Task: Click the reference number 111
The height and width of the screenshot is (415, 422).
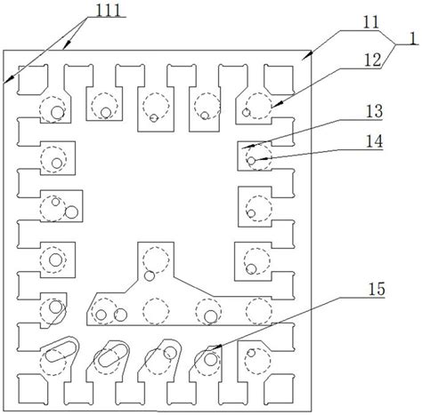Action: [x=109, y=11]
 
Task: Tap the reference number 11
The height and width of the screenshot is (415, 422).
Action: [x=371, y=22]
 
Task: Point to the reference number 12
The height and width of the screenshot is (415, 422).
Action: [x=372, y=60]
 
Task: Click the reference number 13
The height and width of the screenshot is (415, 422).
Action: [x=374, y=111]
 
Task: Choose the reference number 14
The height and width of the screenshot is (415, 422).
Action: [x=374, y=141]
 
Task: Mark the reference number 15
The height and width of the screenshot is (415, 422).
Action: [x=377, y=289]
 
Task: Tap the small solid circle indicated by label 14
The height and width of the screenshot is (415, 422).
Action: [x=251, y=161]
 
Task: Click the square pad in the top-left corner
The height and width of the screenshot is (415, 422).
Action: [x=33, y=79]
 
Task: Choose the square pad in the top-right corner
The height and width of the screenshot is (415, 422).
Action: [x=280, y=79]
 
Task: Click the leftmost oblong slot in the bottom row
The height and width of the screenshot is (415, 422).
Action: [x=60, y=351]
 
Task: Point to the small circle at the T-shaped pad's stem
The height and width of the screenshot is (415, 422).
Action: [x=150, y=275]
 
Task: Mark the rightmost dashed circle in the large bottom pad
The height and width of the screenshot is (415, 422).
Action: [x=259, y=311]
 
